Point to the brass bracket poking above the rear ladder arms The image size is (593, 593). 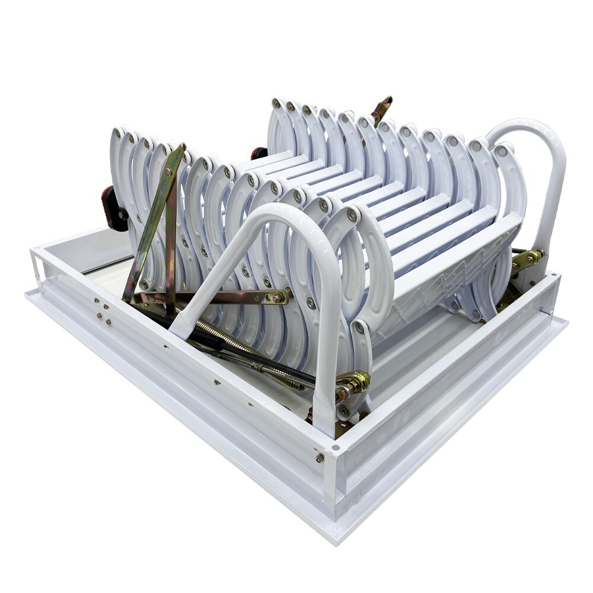[381, 109]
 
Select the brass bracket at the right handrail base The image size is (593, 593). [527, 259]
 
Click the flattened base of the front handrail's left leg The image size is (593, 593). [181, 323]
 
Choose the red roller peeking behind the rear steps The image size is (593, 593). [259, 152]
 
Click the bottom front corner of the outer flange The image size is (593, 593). [338, 540]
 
